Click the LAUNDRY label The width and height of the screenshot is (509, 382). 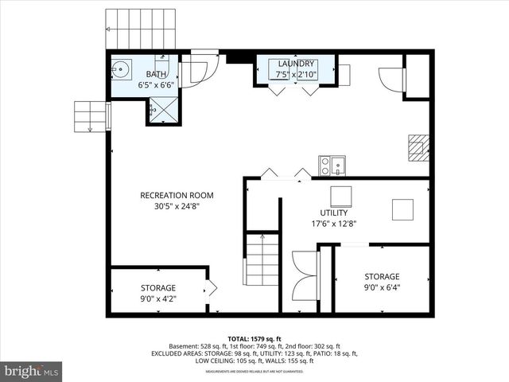(x=296, y=64)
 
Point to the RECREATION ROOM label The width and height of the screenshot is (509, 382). (x=177, y=195)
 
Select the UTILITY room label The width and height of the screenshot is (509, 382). (x=334, y=212)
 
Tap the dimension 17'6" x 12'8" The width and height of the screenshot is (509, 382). (x=334, y=224)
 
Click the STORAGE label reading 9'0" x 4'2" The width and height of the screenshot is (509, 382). (x=158, y=287)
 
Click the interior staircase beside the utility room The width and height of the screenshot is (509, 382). (x=262, y=260)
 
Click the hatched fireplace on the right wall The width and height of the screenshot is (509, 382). (x=418, y=148)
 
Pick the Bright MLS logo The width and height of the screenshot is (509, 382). (x=32, y=371)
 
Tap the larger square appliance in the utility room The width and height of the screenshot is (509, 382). (x=341, y=196)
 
